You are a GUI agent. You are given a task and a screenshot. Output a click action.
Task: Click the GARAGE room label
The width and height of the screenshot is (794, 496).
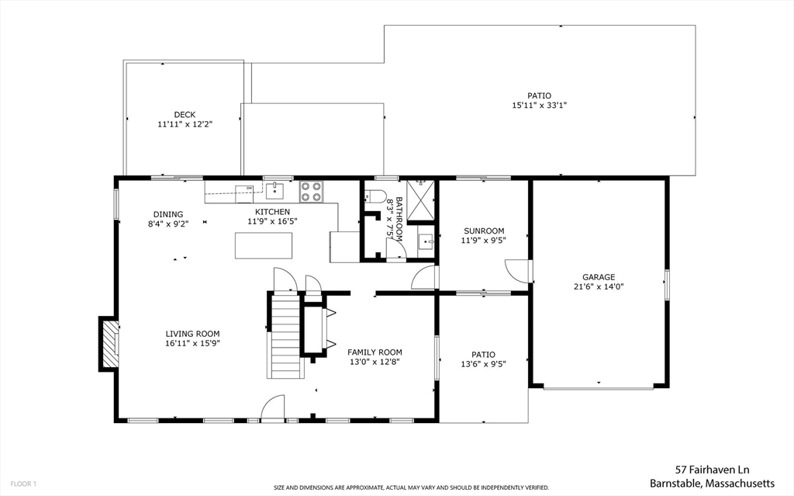[599, 277]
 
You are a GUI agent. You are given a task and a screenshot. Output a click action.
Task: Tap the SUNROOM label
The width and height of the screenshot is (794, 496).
[484, 231]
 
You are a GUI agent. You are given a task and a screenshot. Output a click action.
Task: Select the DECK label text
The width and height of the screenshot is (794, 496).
[185, 115]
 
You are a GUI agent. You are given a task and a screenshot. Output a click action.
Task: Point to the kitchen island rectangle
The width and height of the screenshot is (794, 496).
[264, 245]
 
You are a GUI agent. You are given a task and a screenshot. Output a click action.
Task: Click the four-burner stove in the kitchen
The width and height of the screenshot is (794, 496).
[312, 192]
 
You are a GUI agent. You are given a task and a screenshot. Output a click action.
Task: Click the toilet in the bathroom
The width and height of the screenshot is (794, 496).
[375, 196]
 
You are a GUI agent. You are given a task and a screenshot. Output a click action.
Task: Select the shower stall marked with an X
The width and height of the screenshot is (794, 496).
[421, 199]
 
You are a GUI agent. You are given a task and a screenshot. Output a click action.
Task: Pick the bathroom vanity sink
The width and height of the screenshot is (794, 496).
[426, 241]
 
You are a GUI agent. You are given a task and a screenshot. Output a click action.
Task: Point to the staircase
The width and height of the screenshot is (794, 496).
[286, 336]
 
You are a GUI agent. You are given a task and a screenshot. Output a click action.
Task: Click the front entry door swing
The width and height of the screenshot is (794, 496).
[273, 408]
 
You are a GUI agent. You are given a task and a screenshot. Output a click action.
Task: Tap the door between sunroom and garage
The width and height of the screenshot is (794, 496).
[518, 272]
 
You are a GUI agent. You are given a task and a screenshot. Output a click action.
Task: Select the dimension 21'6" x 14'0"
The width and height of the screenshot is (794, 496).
[599, 286]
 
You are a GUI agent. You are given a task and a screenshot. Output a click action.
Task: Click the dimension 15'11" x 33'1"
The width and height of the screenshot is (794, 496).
[540, 106]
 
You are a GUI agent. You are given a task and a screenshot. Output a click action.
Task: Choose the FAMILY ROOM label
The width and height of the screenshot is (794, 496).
[375, 352]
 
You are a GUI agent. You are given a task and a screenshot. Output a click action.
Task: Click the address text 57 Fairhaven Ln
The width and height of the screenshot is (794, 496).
[713, 470]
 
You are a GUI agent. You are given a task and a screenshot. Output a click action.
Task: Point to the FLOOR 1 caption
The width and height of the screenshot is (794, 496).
[24, 484]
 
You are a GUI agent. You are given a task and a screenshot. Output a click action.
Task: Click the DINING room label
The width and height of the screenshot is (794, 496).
[168, 214]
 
